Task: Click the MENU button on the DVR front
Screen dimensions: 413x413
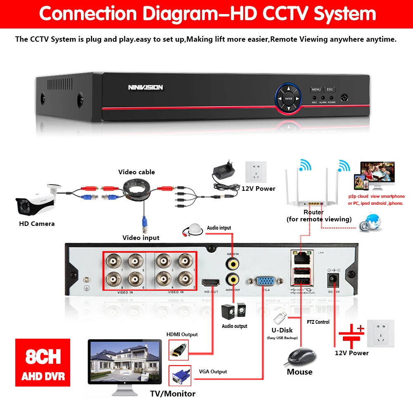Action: tap(316, 89)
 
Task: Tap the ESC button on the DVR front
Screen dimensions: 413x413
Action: tap(330, 89)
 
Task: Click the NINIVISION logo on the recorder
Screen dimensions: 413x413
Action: tap(145, 87)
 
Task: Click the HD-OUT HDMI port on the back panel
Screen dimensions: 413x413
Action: tap(211, 283)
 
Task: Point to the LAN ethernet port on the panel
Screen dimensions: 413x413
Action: tap(301, 256)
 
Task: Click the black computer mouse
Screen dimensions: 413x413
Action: tap(301, 356)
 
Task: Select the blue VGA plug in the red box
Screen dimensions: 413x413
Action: tap(180, 376)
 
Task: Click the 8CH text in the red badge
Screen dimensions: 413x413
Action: tap(43, 356)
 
